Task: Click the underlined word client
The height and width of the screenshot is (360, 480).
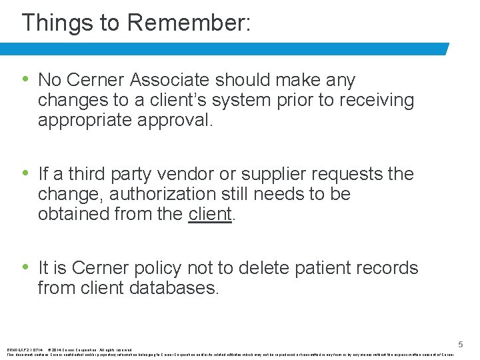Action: coord(210,214)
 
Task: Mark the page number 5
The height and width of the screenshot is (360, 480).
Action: coord(460,345)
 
